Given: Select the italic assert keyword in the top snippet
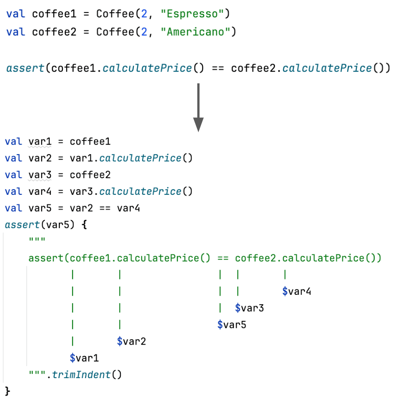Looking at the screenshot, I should tap(25, 68).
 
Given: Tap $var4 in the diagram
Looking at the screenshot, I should tap(297, 291).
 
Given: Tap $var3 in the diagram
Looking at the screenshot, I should tap(249, 308).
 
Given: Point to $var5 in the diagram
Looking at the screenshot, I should tap(232, 325).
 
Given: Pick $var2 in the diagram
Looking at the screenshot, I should tap(131, 341).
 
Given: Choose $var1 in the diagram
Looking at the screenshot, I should tap(84, 358).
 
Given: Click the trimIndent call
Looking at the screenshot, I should tap(86, 375).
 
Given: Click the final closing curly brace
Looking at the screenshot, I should tap(7, 391).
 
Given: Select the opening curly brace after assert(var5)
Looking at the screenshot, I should tap(84, 225).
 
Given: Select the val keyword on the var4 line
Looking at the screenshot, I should tap(13, 192).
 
